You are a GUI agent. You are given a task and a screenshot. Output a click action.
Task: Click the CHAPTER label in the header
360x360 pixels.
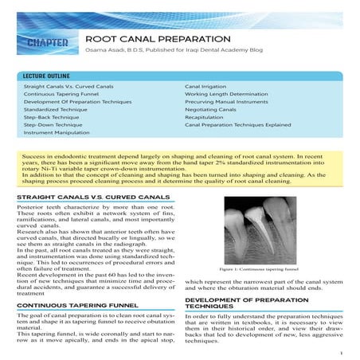[41, 41]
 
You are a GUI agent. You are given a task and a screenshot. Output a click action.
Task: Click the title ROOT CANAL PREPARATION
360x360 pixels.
[158, 38]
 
